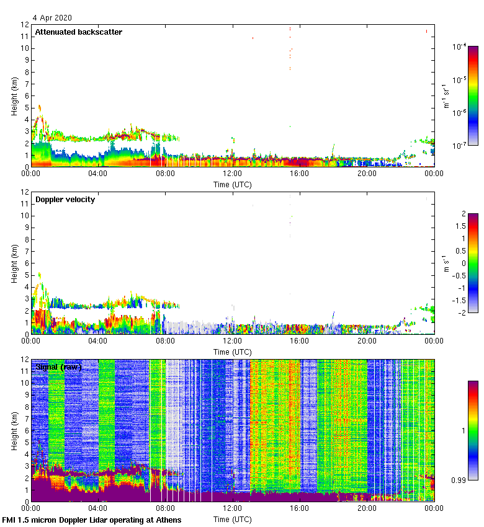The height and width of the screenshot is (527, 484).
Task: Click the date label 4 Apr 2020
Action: pos(53,17)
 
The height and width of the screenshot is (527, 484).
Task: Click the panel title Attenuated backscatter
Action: pos(78,32)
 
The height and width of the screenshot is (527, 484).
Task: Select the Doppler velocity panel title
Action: pos(65,200)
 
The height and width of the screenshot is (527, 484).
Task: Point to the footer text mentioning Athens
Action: pos(92,520)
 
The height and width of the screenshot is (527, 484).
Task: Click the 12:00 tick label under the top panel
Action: pos(233,174)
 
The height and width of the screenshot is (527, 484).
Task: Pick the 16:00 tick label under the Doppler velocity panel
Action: pos(300,341)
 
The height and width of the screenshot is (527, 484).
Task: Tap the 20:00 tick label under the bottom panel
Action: pos(367,508)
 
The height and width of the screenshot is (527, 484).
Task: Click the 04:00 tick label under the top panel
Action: pos(98,174)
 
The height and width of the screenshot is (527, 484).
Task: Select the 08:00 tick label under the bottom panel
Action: pos(165,508)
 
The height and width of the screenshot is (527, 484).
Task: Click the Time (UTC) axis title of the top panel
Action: pos(233,184)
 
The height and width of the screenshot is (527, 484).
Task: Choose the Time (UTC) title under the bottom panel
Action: pos(233,519)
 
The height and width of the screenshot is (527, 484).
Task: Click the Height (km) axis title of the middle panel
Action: pos(14,263)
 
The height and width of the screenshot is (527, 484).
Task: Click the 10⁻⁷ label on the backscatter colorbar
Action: pos(459,146)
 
